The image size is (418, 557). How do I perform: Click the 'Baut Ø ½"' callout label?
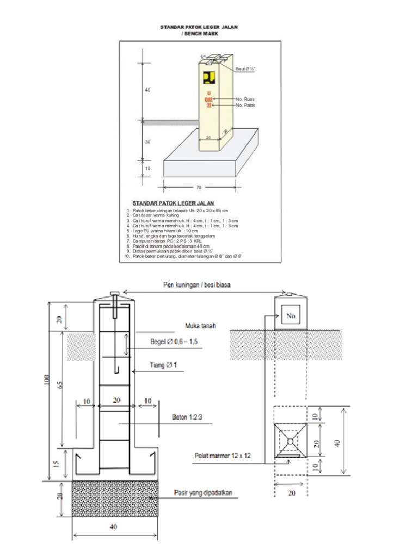[x=245, y=69]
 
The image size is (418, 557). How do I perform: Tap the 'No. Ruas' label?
[x=245, y=99]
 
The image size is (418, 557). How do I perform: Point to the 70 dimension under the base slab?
[x=199, y=188]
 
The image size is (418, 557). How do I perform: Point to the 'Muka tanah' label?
[x=201, y=326]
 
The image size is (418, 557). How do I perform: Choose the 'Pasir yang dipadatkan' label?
[x=203, y=493]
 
